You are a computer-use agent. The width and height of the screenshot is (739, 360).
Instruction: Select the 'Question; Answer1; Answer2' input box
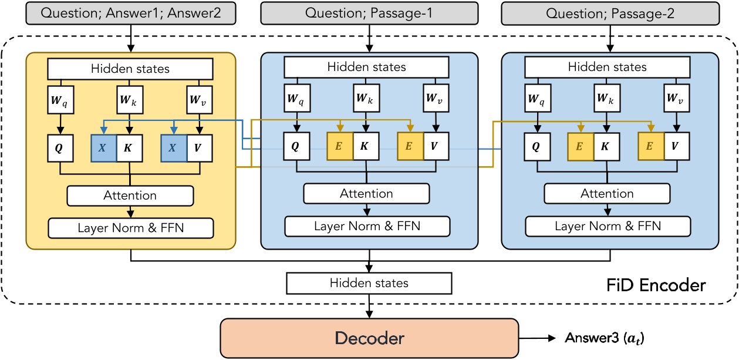click(130, 12)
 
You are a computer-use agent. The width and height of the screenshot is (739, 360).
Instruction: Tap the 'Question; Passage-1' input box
click(369, 12)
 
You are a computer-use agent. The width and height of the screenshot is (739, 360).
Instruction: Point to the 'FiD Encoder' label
click(655, 285)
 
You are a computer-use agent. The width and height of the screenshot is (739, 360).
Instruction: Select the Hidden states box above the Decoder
click(369, 283)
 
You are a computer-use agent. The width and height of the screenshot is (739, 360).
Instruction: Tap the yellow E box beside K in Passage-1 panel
click(340, 147)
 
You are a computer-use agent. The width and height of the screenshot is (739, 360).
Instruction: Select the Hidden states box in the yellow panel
click(130, 69)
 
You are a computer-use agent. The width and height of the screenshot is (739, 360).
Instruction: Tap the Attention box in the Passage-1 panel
click(366, 193)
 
